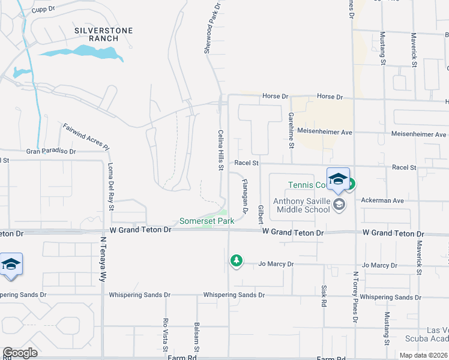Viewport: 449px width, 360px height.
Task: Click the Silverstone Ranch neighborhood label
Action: [103, 35]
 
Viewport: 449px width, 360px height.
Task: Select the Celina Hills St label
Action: [221, 148]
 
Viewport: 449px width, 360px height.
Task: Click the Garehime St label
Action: [291, 129]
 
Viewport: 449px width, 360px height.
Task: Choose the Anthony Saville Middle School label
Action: [302, 205]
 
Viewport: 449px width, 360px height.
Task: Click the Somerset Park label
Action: [206, 221]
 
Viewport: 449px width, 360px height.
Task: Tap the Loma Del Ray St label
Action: [111, 187]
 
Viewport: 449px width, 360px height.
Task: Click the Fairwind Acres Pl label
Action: [86, 137]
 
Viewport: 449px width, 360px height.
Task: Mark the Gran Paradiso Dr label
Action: [52, 152]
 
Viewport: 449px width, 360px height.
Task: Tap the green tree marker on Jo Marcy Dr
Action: [237, 260]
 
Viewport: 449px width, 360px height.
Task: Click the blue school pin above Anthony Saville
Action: [338, 178]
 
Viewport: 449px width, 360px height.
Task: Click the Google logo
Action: [20, 352]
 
